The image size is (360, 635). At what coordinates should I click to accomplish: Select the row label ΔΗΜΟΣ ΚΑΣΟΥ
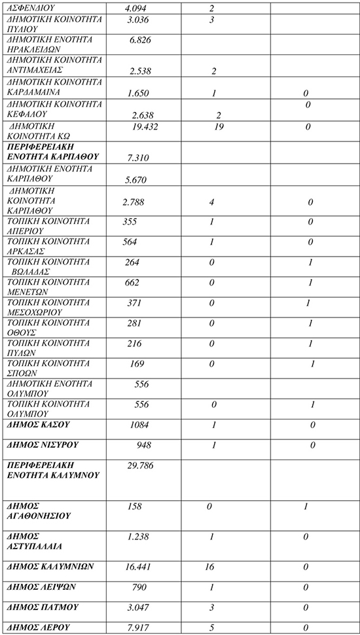pyautogui.click(x=37, y=426)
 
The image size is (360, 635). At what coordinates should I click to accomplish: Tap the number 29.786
pyautogui.click(x=141, y=465)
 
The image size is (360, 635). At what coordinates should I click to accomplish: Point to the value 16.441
pyautogui.click(x=141, y=566)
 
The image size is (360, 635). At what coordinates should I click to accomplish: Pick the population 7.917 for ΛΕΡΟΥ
pyautogui.click(x=139, y=628)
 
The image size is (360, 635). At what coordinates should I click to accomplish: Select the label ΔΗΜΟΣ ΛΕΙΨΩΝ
pyautogui.click(x=40, y=587)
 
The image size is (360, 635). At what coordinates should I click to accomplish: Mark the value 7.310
pyautogui.click(x=143, y=158)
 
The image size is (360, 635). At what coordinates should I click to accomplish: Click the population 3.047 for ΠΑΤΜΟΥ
pyautogui.click(x=140, y=608)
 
